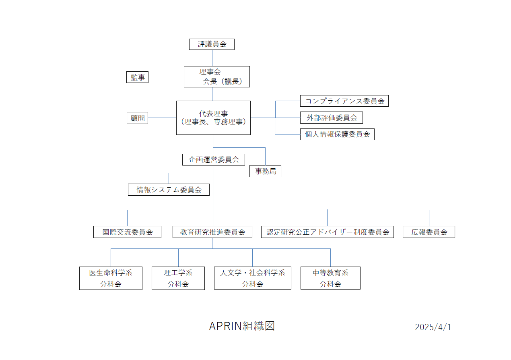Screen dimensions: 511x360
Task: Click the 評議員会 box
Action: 212,44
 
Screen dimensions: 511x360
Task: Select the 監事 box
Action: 137,77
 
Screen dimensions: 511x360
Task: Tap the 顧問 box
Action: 137,118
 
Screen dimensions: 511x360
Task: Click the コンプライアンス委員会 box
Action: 344,101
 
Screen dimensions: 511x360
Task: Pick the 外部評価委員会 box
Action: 332,118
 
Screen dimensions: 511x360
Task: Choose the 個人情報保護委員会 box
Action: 337,134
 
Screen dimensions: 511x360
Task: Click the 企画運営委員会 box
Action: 214,159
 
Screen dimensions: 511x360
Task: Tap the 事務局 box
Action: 265,171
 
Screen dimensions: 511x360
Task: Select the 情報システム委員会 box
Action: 169,190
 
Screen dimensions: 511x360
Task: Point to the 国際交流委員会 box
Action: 127,232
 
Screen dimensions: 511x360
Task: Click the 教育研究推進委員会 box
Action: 212,232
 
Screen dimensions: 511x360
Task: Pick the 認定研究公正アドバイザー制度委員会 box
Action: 328,232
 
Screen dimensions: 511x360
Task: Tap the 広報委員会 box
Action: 429,232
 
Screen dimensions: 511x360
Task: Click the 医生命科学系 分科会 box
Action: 111,278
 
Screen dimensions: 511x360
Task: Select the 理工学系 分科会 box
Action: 178,278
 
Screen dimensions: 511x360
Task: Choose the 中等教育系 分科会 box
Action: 331,278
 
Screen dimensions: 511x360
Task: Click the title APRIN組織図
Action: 242,326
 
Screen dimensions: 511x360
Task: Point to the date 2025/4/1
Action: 433,327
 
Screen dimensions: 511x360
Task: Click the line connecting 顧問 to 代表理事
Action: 162,118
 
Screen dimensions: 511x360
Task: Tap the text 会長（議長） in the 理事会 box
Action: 223,81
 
